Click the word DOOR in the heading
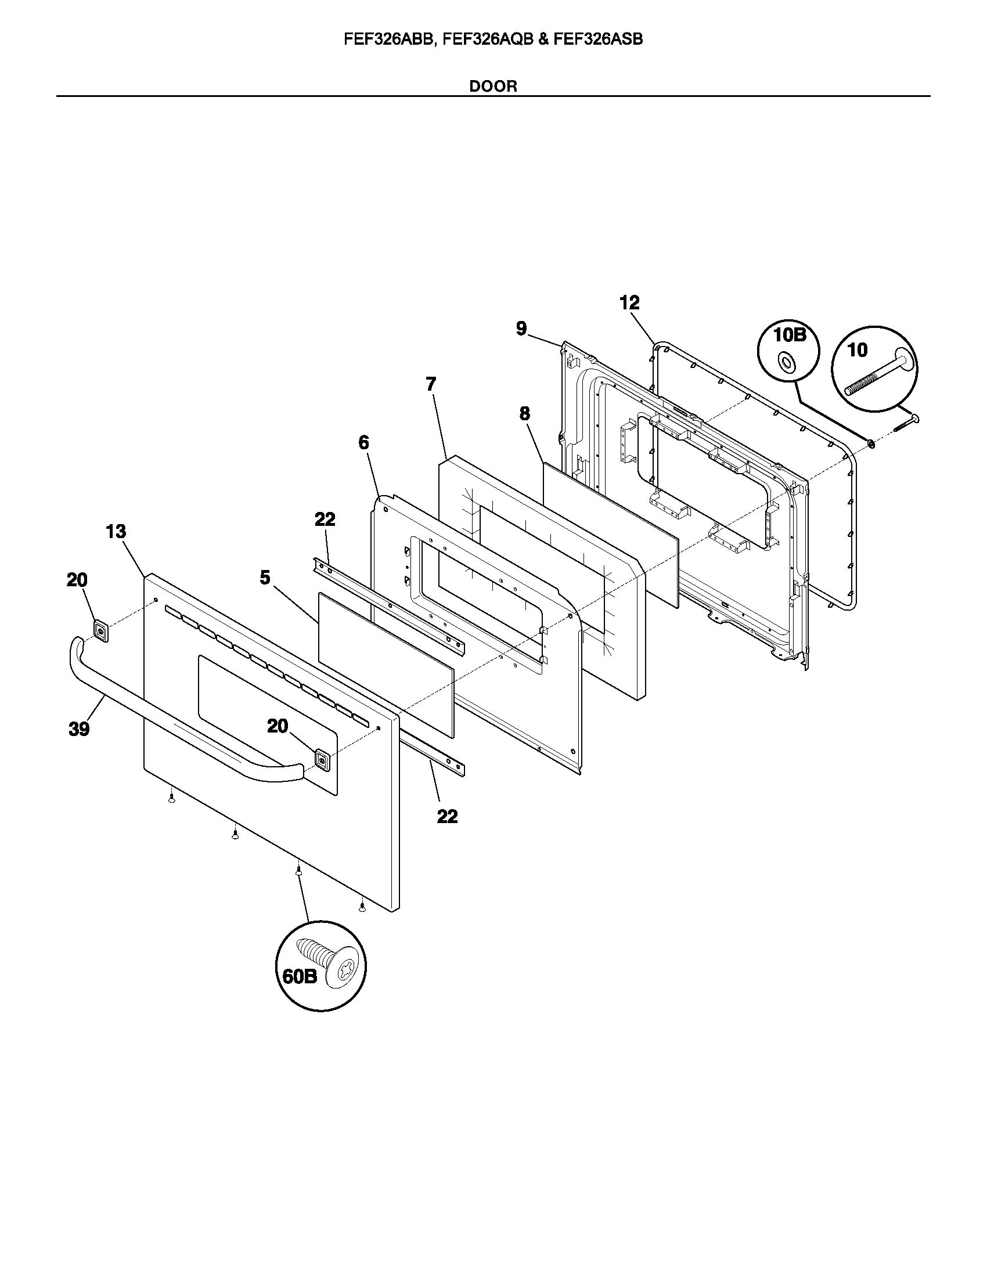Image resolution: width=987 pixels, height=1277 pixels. click(x=493, y=86)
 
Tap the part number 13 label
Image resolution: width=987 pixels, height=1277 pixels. click(x=116, y=532)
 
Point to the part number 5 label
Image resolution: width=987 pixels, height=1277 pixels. click(x=265, y=578)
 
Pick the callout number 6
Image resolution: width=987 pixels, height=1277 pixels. click(x=363, y=443)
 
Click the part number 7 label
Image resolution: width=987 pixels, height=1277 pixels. click(x=431, y=384)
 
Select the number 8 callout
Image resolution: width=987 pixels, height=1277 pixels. click(x=524, y=414)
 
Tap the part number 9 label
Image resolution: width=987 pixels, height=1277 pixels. click(x=521, y=328)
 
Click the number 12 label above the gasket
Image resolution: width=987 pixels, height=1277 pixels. click(x=630, y=302)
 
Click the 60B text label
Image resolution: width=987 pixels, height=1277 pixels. click(x=299, y=976)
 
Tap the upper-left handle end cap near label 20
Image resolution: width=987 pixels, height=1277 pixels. click(x=100, y=631)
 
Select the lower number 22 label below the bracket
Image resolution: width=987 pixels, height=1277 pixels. click(x=447, y=816)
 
